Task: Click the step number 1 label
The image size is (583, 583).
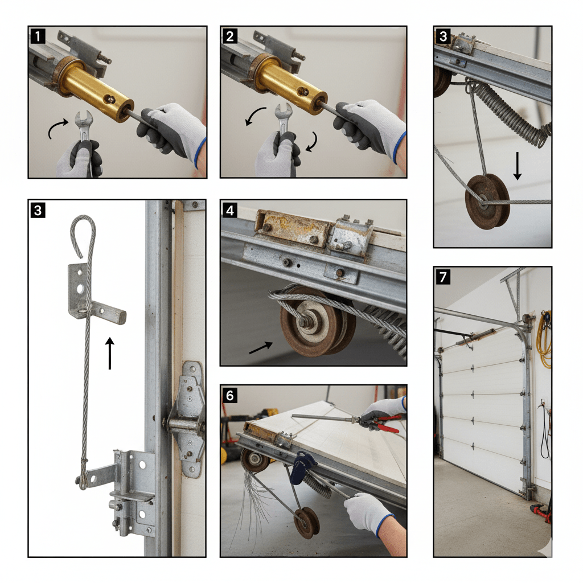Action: click(x=38, y=37)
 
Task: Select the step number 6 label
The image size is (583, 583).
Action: click(x=230, y=395)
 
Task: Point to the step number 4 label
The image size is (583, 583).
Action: click(x=230, y=210)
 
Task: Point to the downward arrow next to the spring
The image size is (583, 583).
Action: click(x=517, y=165)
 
